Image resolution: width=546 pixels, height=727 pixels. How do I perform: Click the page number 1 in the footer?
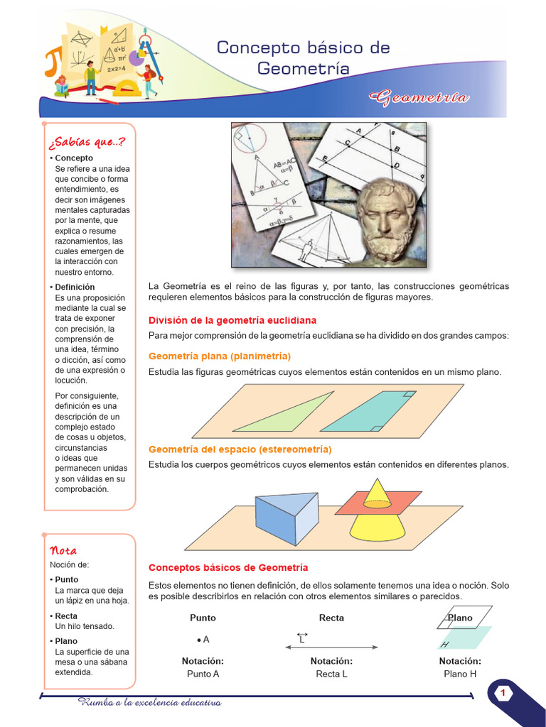pos(503,693)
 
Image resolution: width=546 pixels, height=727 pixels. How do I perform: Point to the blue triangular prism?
pos(284,518)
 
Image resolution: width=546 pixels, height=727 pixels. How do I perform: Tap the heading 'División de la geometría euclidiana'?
pos(232,320)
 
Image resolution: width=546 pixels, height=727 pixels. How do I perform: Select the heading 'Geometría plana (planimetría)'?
pos(220,356)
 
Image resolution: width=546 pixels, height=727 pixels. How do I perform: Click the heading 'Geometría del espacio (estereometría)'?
pos(240,449)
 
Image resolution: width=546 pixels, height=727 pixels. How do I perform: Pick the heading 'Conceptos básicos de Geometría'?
pos(227,567)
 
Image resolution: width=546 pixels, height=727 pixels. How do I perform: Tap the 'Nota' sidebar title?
pos(63,550)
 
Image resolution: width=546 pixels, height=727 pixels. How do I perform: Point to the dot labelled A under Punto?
pos(198,640)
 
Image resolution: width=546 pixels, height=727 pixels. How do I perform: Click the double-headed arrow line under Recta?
pos(331,647)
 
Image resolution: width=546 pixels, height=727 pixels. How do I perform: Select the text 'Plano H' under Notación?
pos(459,674)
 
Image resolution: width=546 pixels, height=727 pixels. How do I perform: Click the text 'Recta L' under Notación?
pos(331,674)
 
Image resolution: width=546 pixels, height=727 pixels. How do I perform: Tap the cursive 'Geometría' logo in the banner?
pos(419,97)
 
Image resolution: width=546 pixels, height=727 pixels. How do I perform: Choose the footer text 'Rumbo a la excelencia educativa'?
pos(150,703)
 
